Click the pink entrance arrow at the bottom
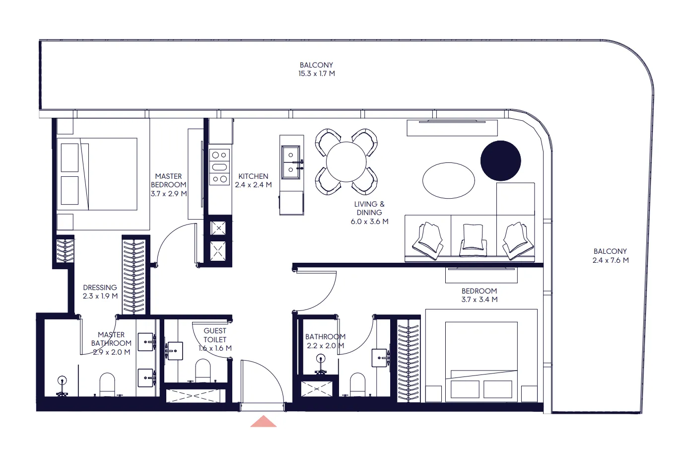click(263, 422)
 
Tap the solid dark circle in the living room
click(500, 160)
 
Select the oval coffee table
click(448, 180)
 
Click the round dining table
click(346, 162)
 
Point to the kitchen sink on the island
click(291, 162)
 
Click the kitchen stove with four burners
click(219, 167)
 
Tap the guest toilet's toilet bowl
click(203, 371)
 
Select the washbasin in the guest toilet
click(174, 351)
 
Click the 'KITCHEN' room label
click(253, 176)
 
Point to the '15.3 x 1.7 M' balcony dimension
click(316, 74)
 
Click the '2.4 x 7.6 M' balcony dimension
click(610, 260)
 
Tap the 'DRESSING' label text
click(100, 288)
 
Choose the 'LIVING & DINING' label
click(369, 208)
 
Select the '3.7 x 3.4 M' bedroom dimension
click(479, 300)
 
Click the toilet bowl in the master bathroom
click(107, 384)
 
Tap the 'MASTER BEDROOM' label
click(168, 180)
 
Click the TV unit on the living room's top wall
click(452, 128)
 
